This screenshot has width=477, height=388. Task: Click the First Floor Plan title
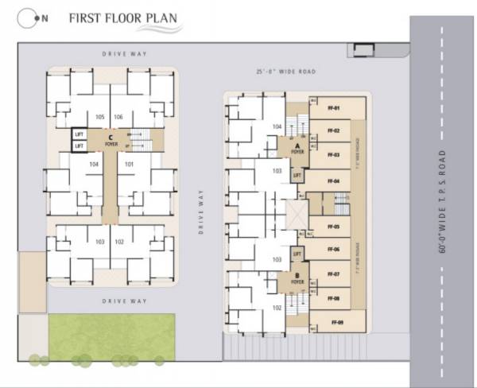coord(122,18)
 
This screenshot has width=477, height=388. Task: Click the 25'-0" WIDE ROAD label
coord(287,72)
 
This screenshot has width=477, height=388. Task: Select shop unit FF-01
coord(334,107)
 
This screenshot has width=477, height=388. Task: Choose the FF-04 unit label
coord(334,181)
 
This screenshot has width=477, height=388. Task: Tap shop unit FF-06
coord(334,250)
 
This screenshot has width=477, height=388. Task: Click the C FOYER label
coord(111,141)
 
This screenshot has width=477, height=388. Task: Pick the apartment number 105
coord(99,117)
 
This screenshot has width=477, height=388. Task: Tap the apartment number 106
coord(118,117)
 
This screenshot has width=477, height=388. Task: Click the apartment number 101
coord(130,165)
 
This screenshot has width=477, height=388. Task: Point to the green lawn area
coord(111,336)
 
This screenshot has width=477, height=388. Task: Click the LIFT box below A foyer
coord(297,173)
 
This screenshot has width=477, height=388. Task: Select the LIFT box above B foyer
coord(297,254)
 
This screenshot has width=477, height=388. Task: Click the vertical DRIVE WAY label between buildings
coord(202,211)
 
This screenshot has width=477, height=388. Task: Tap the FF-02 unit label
coord(334,130)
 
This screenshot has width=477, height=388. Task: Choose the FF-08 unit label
coord(334,298)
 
